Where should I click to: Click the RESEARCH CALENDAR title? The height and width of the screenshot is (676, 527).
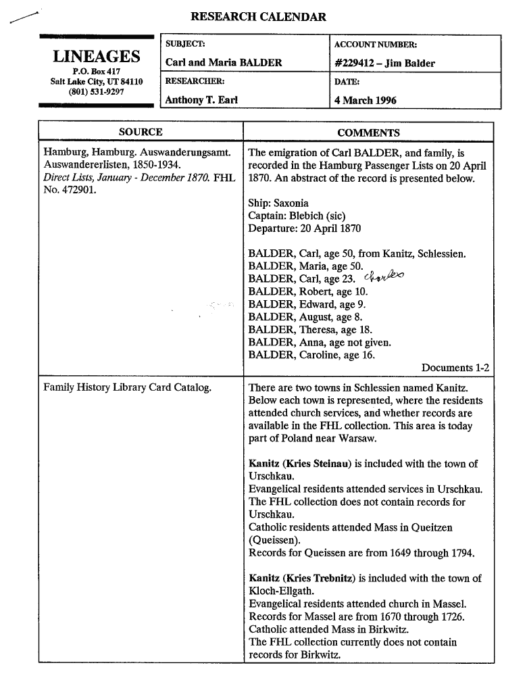[x=258, y=17]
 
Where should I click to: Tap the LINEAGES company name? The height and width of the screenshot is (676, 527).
[x=97, y=57]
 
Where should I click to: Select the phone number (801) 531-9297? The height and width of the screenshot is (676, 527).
[x=97, y=92]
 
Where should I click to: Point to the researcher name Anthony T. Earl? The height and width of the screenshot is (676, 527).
[x=201, y=100]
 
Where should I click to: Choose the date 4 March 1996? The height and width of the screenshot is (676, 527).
[x=366, y=100]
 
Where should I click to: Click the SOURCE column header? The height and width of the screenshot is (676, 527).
[x=141, y=132]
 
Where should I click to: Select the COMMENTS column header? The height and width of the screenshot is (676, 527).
[x=368, y=132]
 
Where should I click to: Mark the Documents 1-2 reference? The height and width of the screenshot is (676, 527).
[x=455, y=368]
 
